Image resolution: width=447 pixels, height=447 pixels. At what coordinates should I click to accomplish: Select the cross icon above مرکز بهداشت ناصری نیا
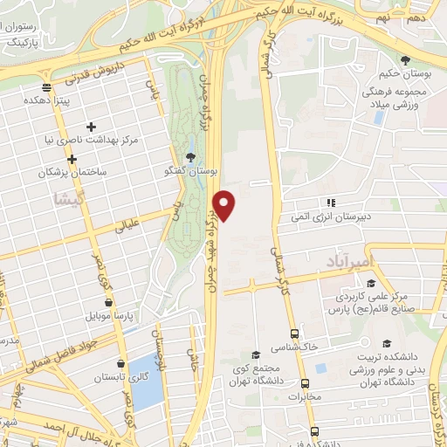(91, 127)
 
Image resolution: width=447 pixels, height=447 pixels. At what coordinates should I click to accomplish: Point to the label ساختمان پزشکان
(72, 173)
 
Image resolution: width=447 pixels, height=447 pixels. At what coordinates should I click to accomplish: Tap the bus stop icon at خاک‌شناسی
(292, 334)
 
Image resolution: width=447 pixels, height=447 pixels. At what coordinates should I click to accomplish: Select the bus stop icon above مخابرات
(305, 383)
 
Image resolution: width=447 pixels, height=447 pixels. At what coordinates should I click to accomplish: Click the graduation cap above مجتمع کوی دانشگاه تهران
(255, 354)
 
